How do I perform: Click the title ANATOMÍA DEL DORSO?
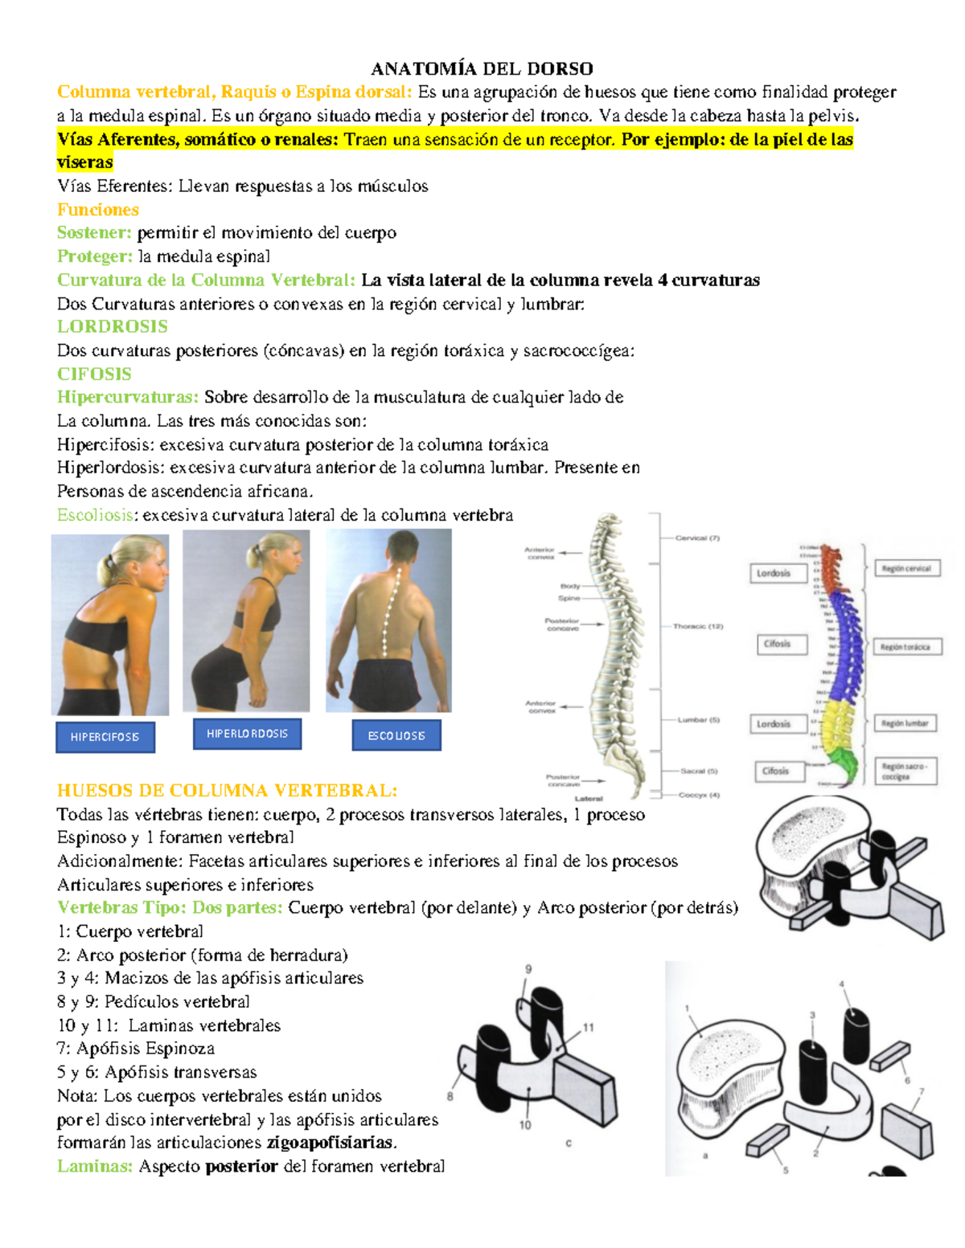click(482, 68)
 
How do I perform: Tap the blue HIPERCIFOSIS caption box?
click(105, 737)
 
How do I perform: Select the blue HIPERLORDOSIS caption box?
click(247, 734)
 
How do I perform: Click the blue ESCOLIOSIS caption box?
click(396, 735)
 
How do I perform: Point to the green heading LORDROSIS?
click(113, 326)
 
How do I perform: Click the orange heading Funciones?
click(98, 210)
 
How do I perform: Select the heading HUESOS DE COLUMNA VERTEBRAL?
click(227, 790)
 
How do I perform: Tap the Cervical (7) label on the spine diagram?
click(696, 538)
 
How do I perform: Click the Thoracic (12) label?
click(697, 626)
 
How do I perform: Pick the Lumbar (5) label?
click(698, 720)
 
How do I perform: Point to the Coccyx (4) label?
click(699, 795)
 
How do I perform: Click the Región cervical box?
click(906, 569)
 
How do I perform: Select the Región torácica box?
click(905, 647)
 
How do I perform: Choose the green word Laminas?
click(94, 1166)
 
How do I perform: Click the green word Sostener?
click(94, 233)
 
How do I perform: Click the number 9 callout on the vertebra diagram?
click(528, 969)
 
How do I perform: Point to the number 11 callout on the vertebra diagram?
click(589, 1027)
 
